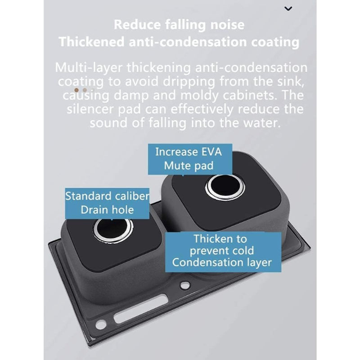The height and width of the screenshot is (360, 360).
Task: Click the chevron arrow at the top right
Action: (288, 9)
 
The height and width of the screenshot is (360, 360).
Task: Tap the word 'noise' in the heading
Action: (227, 25)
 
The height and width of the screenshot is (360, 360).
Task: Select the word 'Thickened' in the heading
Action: (92, 42)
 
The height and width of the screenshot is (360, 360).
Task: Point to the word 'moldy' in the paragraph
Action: (199, 95)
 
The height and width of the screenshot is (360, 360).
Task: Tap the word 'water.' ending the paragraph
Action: (262, 123)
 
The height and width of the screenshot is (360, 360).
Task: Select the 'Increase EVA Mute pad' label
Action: (190, 159)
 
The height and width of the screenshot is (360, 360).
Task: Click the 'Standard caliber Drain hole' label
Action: (107, 203)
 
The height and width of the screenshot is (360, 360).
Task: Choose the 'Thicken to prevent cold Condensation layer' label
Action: (223, 252)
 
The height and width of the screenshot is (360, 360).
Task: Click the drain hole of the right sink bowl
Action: (225, 186)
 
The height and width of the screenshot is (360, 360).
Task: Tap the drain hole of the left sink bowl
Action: (113, 229)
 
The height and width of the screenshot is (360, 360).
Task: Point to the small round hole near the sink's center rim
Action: (185, 285)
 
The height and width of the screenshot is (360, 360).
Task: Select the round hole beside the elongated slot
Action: (101, 324)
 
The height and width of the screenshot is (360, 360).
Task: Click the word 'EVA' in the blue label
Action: (211, 152)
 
